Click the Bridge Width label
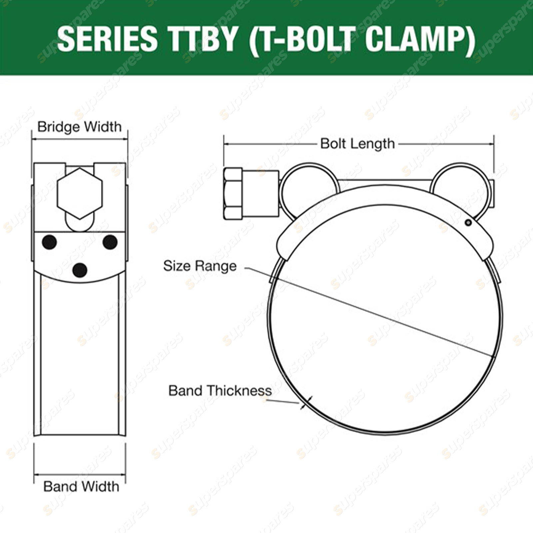click(79, 127)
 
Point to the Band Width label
click(81, 487)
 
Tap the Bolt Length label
click(357, 144)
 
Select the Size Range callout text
click(200, 266)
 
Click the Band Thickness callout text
click(220, 390)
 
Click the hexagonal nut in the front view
click(80, 193)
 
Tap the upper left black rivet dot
click(49, 242)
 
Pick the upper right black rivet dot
click(110, 242)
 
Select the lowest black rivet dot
click(80, 270)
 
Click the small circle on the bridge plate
click(468, 223)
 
